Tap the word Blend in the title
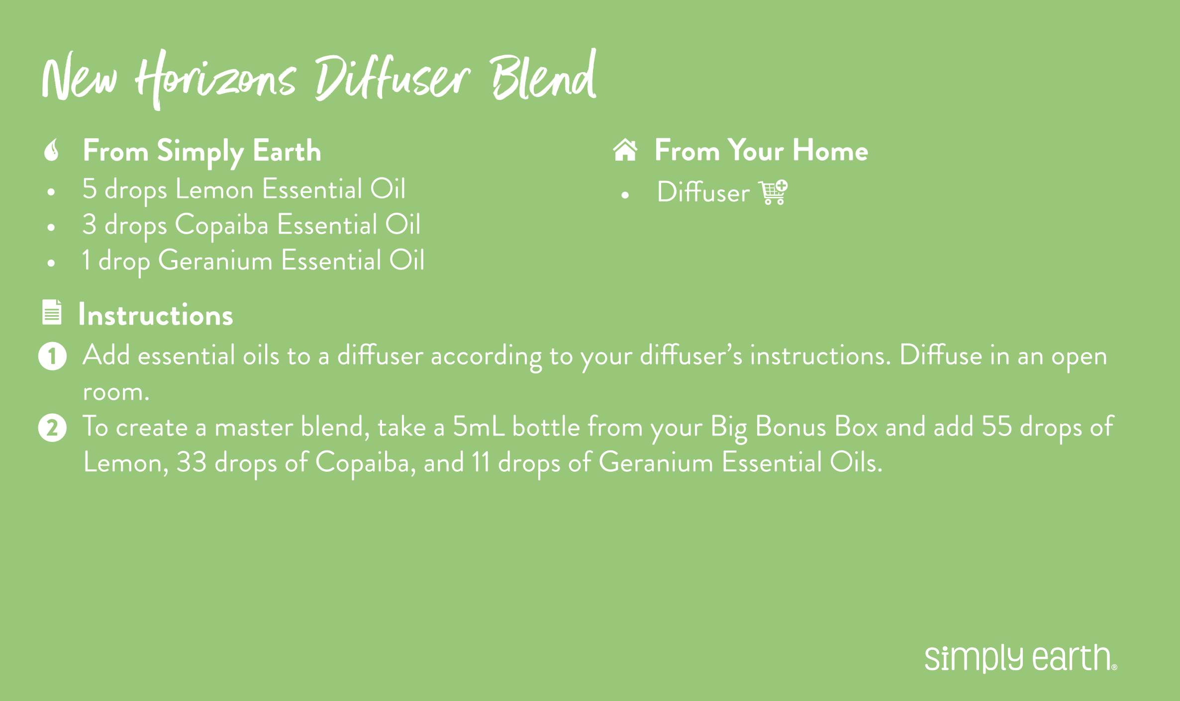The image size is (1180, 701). point(544,76)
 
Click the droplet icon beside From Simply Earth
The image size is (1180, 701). point(52,150)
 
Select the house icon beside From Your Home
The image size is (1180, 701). point(625,150)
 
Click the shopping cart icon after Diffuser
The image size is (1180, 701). point(773,192)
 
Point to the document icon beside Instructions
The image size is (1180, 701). point(52,312)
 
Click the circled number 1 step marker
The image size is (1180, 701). point(52,356)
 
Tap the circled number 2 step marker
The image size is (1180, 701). point(52,428)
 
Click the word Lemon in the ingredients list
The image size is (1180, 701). point(214,189)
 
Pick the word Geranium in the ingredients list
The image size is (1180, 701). point(215,261)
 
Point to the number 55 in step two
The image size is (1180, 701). point(997,427)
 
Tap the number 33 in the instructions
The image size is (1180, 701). point(192,462)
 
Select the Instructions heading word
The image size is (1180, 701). point(156,315)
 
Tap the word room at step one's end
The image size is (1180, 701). point(116,393)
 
